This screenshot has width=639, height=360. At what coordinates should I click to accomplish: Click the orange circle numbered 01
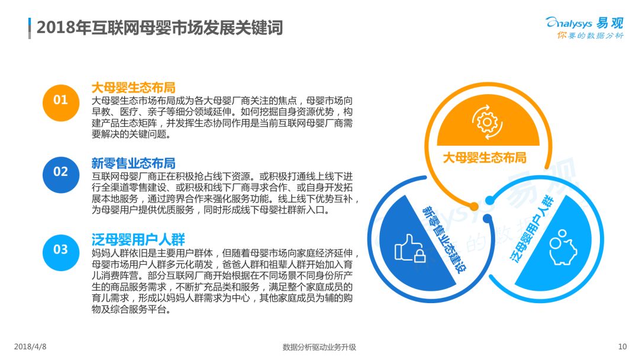point(61,103)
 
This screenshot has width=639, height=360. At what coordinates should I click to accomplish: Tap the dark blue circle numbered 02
point(61,175)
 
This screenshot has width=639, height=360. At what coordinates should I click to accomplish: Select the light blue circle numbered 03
point(61,253)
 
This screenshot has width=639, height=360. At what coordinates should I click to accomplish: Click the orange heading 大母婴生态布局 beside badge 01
point(133,88)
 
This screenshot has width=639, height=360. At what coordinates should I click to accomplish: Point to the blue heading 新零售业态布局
point(133,163)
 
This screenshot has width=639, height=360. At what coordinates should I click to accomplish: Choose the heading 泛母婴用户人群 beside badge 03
point(138,239)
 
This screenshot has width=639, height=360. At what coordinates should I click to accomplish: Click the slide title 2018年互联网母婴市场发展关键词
point(159,28)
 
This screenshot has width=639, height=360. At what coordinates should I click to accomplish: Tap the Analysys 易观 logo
point(585,23)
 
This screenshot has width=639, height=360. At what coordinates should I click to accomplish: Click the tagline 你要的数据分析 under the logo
point(590,36)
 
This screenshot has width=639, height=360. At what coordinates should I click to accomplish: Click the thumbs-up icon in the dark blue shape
point(410,248)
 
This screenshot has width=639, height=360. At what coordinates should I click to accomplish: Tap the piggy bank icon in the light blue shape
point(563,247)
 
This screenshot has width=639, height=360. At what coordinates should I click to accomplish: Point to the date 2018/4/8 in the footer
point(30,346)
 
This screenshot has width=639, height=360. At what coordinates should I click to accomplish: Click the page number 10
point(622,346)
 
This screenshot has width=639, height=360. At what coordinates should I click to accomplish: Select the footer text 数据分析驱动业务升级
point(319,347)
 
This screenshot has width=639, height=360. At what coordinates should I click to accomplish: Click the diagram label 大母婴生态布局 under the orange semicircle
point(485,157)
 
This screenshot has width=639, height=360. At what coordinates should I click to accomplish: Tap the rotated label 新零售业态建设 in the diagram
point(444,239)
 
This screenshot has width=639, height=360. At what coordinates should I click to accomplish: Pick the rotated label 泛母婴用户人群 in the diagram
point(532,229)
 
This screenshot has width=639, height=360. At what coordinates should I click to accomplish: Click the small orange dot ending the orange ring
point(473,206)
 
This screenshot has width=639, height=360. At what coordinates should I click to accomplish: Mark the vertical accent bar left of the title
point(30,28)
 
